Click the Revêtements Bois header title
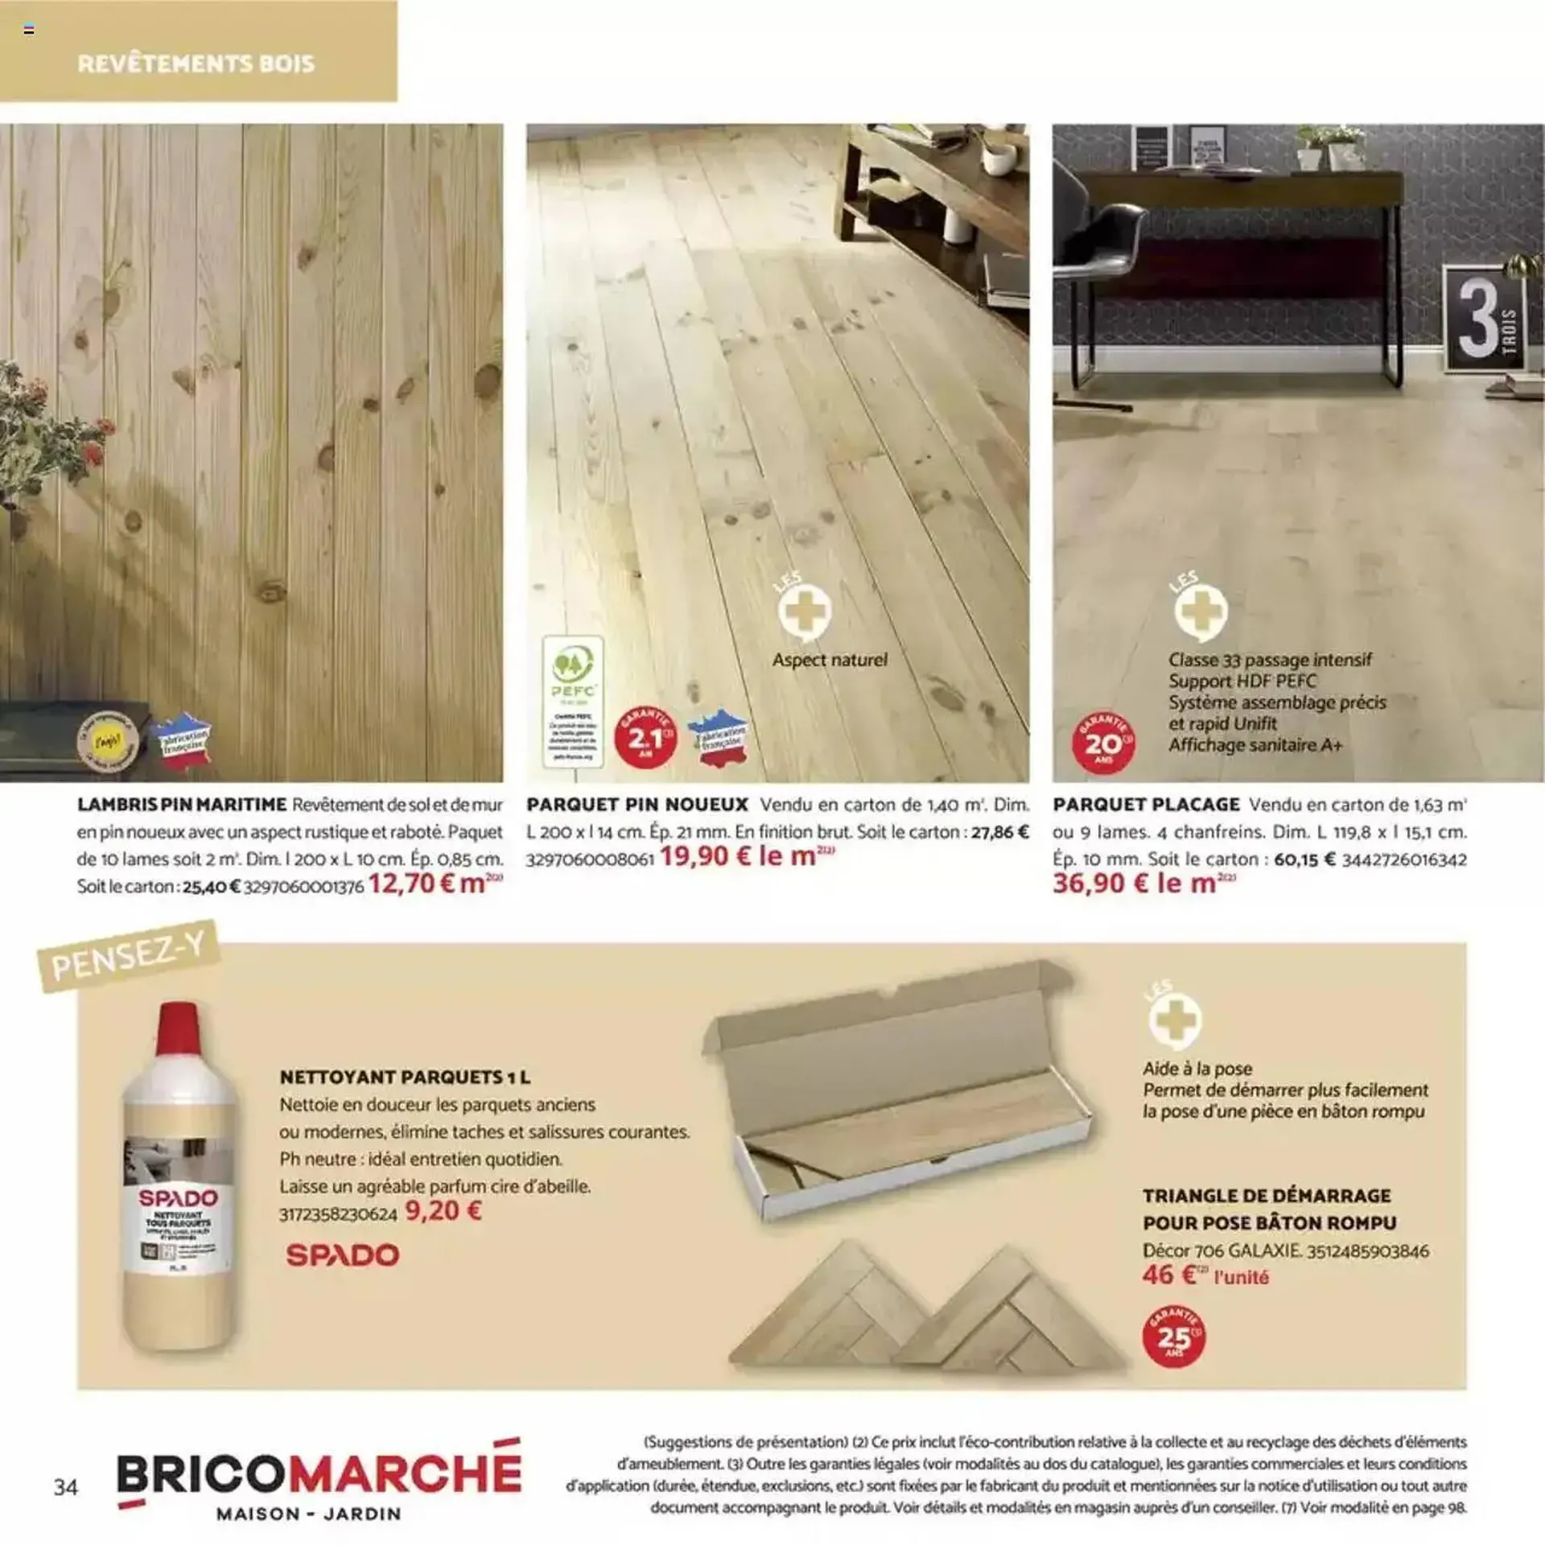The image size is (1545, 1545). [x=196, y=64]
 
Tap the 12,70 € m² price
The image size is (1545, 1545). [x=435, y=884]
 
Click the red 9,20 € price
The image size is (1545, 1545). [x=443, y=1210]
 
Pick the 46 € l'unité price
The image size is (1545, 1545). [x=1204, y=1275]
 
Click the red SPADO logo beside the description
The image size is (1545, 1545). [x=343, y=1255]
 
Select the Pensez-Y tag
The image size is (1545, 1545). [x=129, y=955]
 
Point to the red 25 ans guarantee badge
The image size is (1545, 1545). [x=1173, y=1337]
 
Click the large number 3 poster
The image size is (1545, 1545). [x=1484, y=319]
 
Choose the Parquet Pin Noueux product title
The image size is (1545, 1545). [x=637, y=804]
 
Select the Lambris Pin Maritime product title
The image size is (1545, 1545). [x=182, y=804]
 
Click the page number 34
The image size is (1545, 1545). [x=66, y=1486]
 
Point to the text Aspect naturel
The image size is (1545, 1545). [x=830, y=660]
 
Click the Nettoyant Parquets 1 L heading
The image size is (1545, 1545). [x=405, y=1077]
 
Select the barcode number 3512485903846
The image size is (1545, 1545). [x=1368, y=1250]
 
